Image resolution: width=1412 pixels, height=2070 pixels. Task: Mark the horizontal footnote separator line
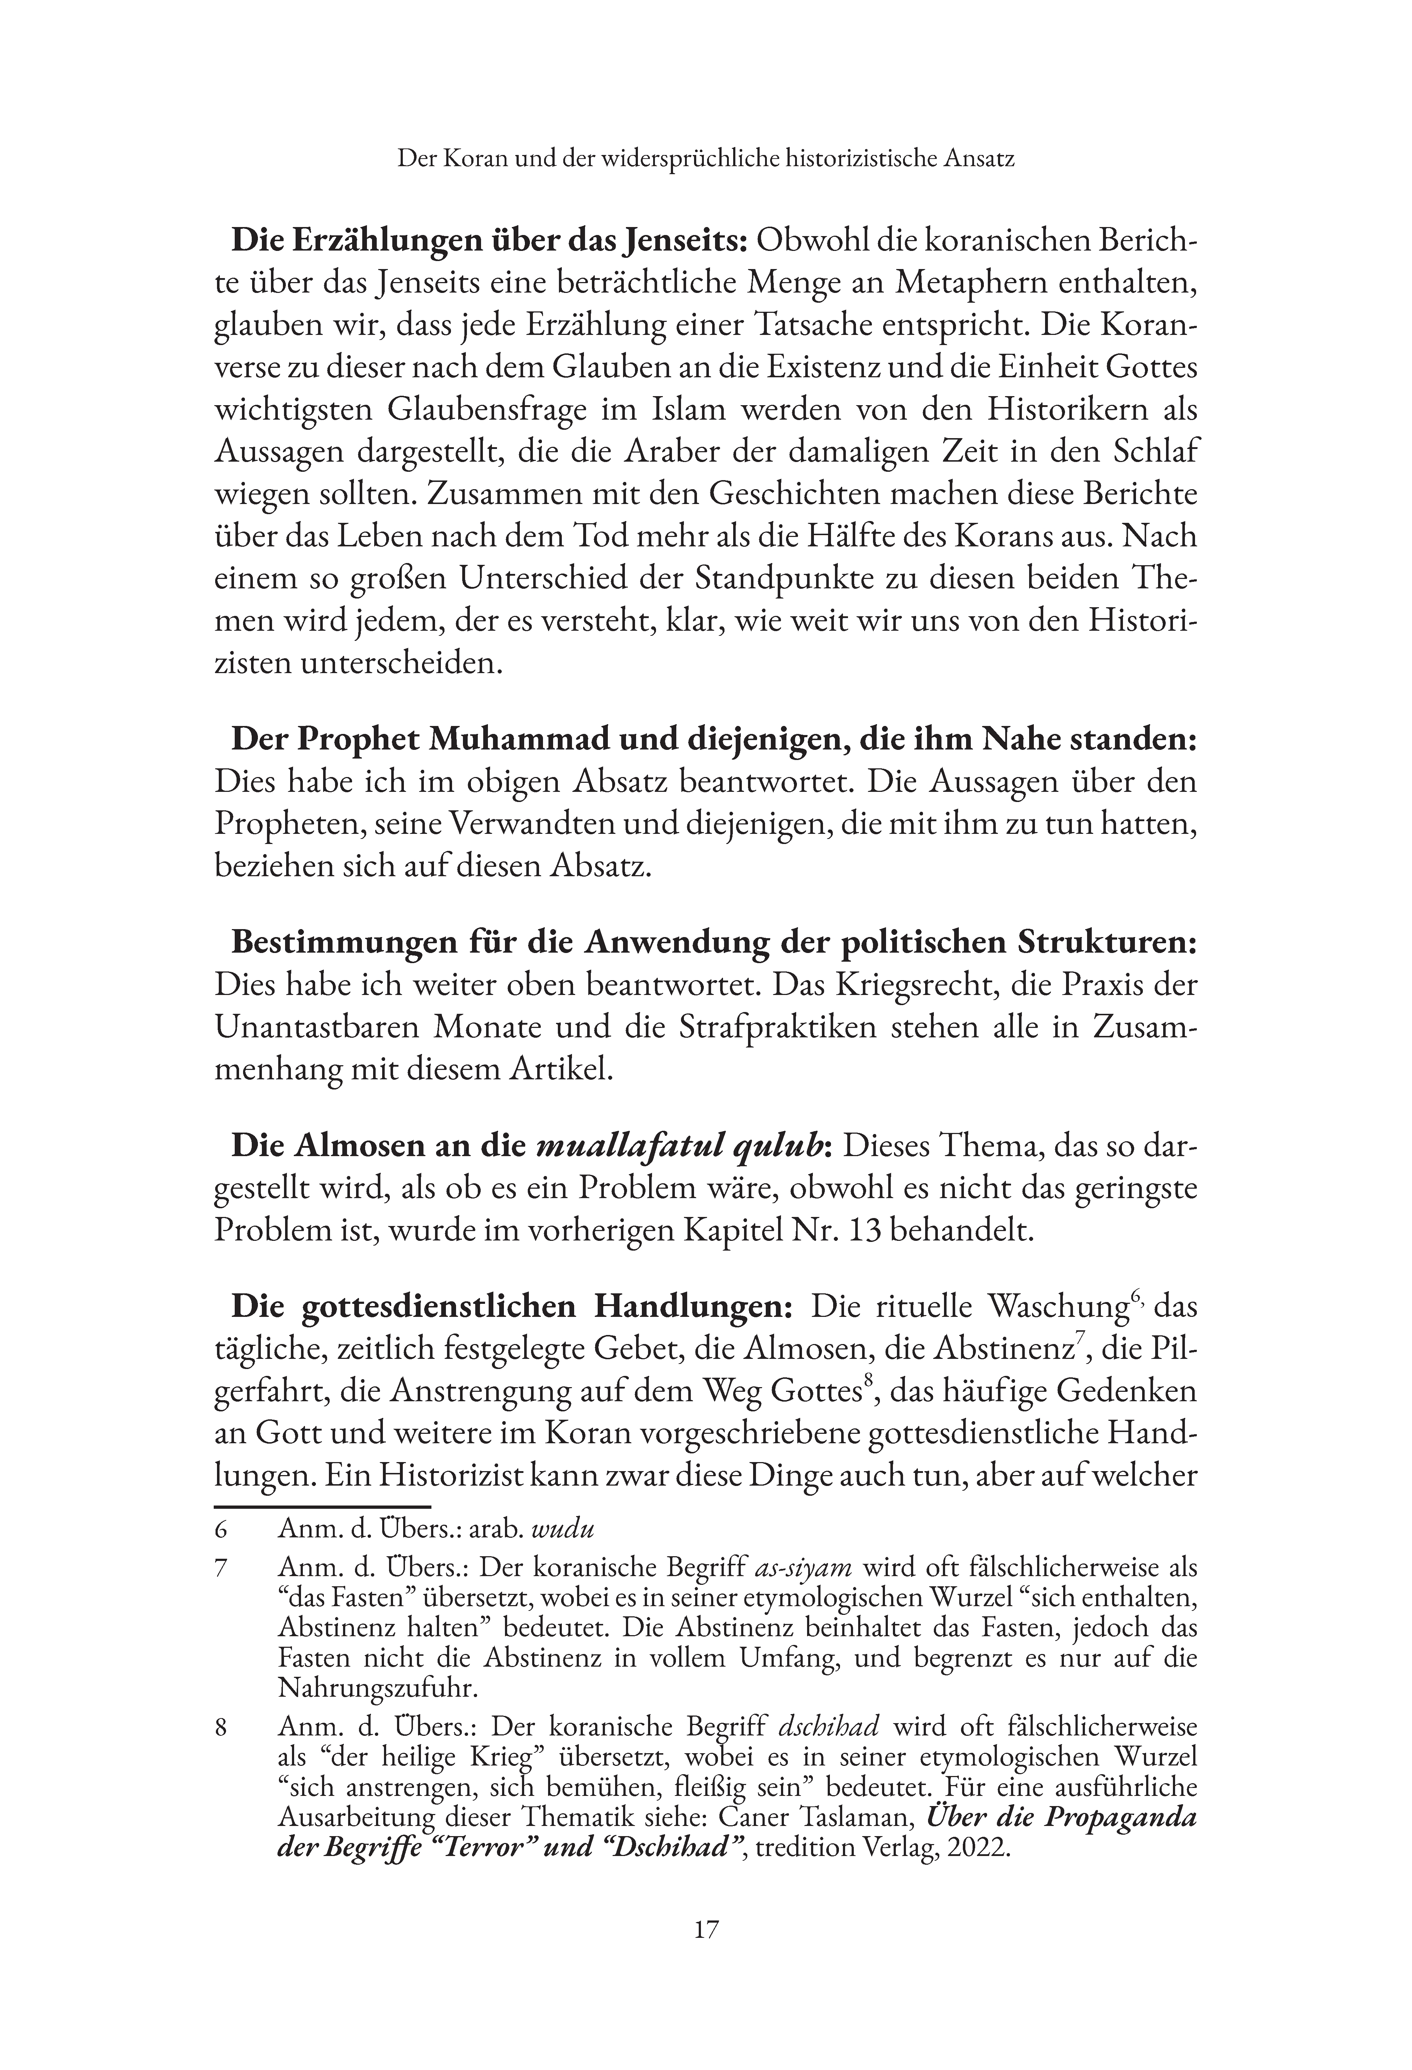tap(322, 1507)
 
